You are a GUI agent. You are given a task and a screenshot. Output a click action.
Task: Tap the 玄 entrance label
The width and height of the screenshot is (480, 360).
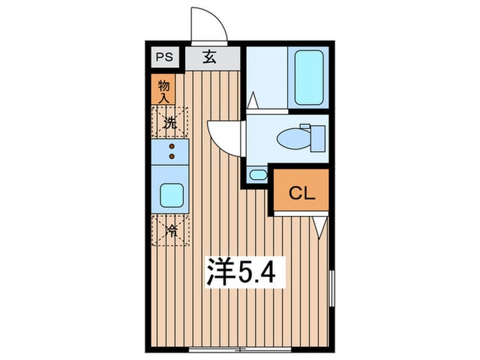[209, 58]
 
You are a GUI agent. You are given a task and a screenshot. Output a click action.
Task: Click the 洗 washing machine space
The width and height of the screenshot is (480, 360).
[169, 124]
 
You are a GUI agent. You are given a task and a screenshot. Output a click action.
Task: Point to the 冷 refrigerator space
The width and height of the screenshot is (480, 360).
[169, 230]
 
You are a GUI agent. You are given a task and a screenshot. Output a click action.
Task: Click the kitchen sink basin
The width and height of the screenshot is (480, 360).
[171, 195]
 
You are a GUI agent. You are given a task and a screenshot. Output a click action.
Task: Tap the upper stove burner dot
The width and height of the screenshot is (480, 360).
[171, 146]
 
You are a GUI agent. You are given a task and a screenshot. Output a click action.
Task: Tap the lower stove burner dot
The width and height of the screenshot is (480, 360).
[171, 157]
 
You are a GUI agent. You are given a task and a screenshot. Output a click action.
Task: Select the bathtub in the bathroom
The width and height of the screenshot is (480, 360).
[309, 77]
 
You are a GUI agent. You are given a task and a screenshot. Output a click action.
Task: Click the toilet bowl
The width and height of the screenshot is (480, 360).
[293, 139]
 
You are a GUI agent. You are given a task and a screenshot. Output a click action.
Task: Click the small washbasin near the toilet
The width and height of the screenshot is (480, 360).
[258, 175]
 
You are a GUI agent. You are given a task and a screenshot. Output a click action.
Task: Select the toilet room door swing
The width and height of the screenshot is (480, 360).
[225, 135]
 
